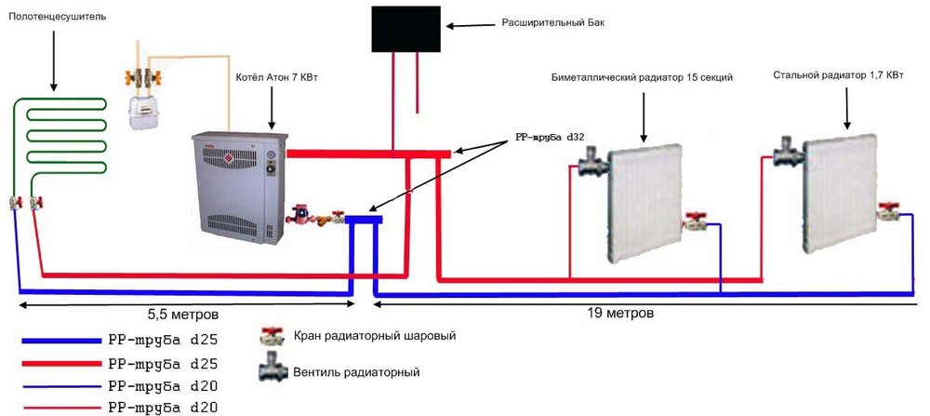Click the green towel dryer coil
[56, 130]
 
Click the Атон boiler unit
[236, 191]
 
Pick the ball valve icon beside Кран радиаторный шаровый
[273, 336]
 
